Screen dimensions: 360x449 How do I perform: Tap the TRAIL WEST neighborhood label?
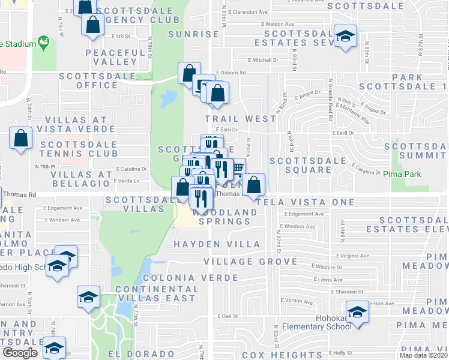coord(240,119)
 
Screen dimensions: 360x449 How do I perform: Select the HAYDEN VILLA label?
coord(217,244)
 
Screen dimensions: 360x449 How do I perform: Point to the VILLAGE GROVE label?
coord(250,262)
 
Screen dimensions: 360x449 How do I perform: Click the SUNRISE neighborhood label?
coord(193,34)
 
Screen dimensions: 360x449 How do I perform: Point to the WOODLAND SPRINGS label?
coord(221,217)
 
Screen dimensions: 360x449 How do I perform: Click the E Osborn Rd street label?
coord(231,73)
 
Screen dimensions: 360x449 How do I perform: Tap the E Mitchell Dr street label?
coord(264,60)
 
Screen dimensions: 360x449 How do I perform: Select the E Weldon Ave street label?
coord(259,24)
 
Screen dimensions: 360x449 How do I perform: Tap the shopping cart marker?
coord(238,167)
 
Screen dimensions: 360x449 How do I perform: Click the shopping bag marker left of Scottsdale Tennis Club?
coord(21,137)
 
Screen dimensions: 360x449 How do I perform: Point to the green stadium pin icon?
coord(43,43)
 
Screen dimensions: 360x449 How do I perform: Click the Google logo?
coord(20,353)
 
